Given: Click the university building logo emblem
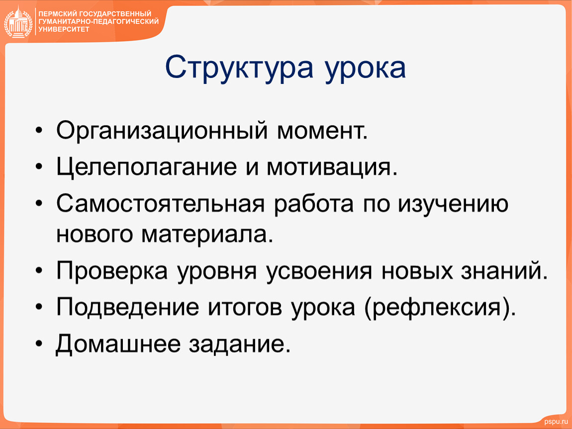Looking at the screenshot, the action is pos(18,22).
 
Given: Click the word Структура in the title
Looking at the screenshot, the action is pos(239,68).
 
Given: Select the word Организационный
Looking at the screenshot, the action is pos(162,131).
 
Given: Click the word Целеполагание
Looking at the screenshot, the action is pos(147,167).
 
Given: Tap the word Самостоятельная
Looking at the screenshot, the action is pos(161,204).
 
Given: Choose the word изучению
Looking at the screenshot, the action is pos(453,205).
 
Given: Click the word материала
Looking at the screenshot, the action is pos(207,235).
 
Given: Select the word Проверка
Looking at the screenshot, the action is pos(112,272).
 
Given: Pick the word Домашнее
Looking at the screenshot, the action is pos(118,344).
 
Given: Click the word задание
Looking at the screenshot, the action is pos(240,344).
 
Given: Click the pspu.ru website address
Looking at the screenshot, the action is pos(556,422).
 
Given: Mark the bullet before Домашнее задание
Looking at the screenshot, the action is pos(39,344).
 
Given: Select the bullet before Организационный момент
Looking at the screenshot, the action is pos(39,131).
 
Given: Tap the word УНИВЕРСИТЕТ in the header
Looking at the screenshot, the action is pos(64,29).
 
